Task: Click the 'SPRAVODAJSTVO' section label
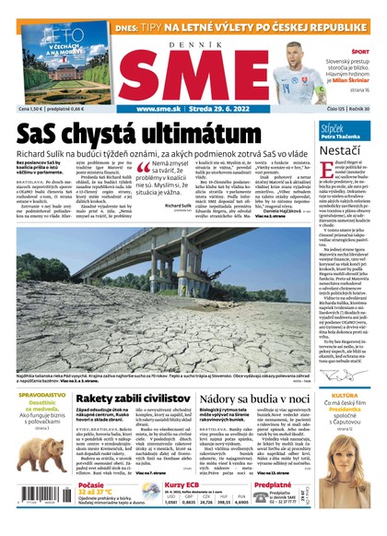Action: point(37,369)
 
